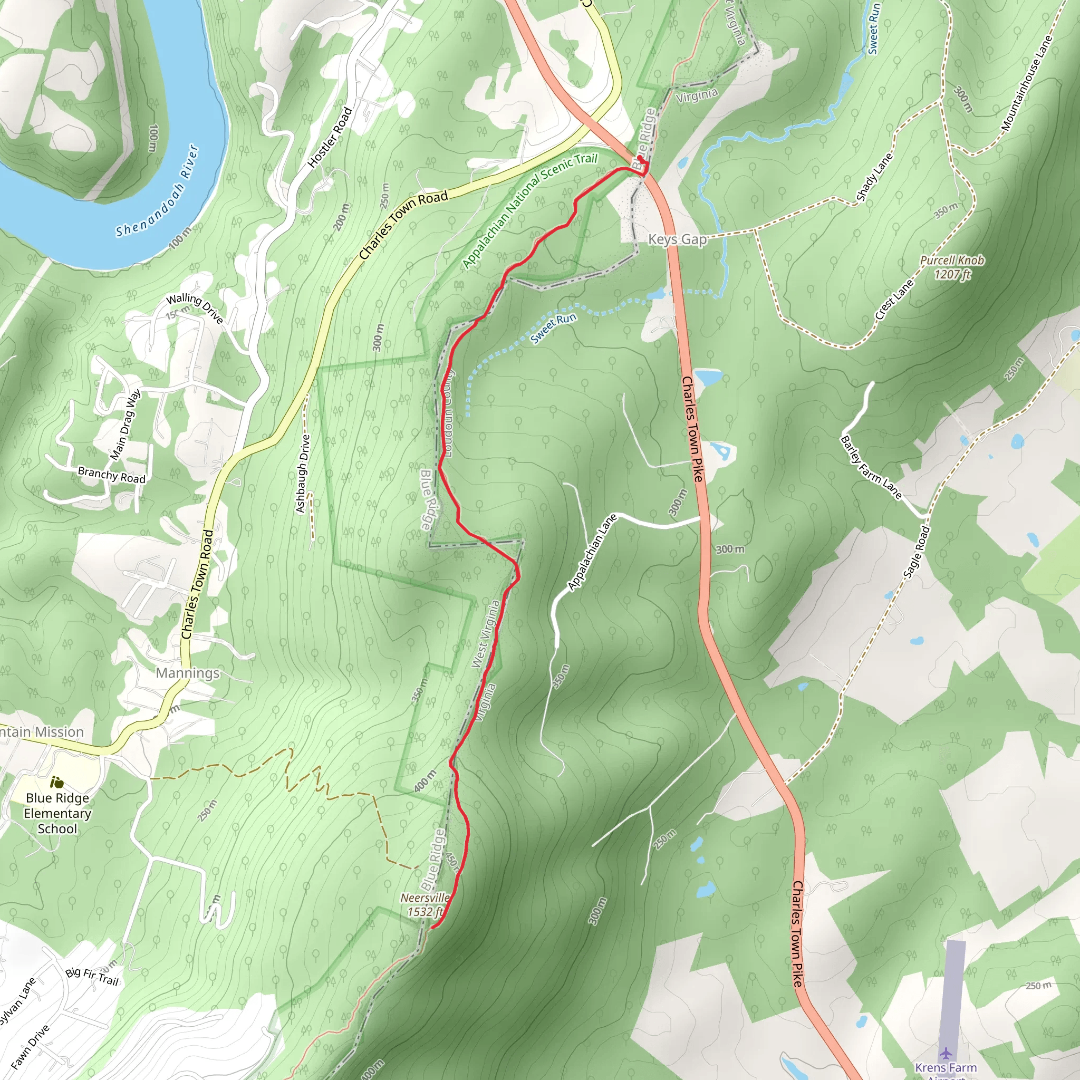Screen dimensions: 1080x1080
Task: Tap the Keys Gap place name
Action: pos(677,239)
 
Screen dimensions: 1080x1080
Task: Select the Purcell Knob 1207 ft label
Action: pos(952,267)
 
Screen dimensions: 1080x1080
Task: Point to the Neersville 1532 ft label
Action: pos(425,904)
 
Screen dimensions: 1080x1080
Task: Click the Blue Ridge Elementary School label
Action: pos(57,813)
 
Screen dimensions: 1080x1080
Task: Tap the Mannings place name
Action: pos(188,672)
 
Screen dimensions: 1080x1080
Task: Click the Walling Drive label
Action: pos(195,308)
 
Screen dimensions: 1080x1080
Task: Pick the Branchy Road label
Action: pos(112,475)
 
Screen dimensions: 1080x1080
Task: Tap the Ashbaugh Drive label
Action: pos(302,474)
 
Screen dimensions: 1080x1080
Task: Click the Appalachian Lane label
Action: pos(592,552)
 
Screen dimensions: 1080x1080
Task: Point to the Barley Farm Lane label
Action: pos(871,467)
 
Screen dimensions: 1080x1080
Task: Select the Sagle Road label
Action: pos(917,552)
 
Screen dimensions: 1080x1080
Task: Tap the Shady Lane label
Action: pos(875,177)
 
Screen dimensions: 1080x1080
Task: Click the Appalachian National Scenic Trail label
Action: pos(530,210)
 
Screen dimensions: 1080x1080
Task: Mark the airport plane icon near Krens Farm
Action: pos(946,1053)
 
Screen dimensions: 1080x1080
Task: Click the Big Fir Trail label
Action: pos(92,976)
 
